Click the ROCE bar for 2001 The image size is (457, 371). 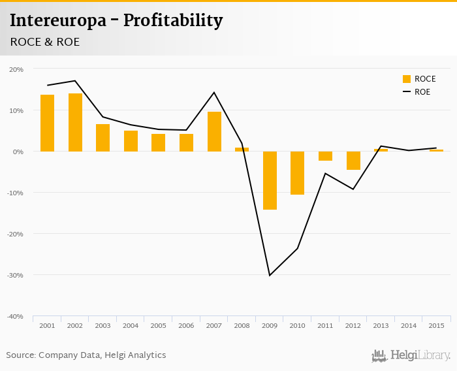pyautogui.click(x=47, y=123)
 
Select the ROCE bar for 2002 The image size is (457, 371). pyautogui.click(x=75, y=122)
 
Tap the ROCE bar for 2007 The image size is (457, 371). pyautogui.click(x=214, y=131)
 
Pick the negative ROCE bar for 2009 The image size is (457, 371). pyautogui.click(x=270, y=180)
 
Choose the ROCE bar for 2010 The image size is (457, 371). pyautogui.click(x=297, y=173)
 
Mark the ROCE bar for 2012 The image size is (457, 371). pyautogui.click(x=353, y=161)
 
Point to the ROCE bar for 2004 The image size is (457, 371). pyautogui.click(x=131, y=141)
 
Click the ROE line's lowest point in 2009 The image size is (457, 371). pyautogui.click(x=270, y=275)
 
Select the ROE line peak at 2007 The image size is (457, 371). pyautogui.click(x=214, y=92)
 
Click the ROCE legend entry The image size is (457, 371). pyautogui.click(x=418, y=79)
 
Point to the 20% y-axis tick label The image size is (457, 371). pyautogui.click(x=16, y=69)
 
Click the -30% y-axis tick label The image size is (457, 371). pyautogui.click(x=15, y=275)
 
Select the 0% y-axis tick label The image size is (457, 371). pyautogui.click(x=18, y=152)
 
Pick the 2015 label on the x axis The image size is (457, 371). pyautogui.click(x=436, y=325)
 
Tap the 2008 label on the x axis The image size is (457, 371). pyautogui.click(x=242, y=325)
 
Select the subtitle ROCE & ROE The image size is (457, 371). pyautogui.click(x=45, y=42)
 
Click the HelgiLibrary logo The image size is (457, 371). pyautogui.click(x=411, y=355)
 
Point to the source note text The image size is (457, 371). pyautogui.click(x=86, y=355)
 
